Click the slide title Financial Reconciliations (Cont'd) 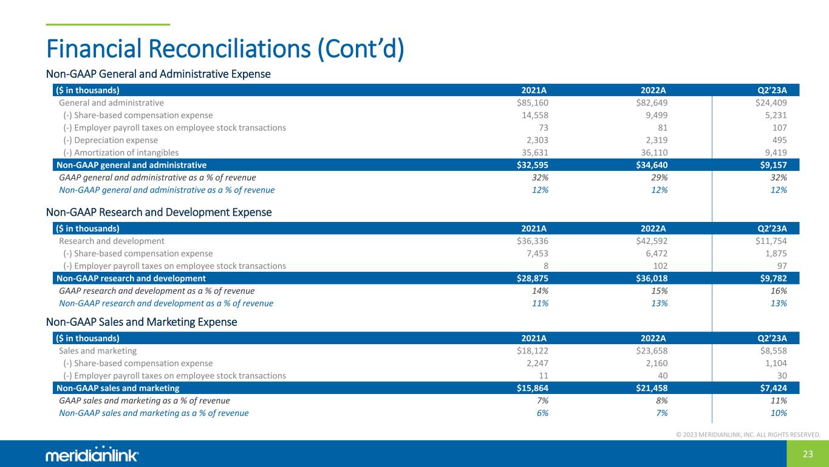click(x=225, y=49)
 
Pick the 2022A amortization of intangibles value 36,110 click(x=651, y=153)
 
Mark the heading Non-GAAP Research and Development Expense click(x=159, y=213)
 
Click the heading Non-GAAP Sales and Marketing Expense click(x=142, y=322)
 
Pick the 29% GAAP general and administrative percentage click(x=660, y=178)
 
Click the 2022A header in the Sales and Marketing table click(x=654, y=338)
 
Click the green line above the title click(x=108, y=24)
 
